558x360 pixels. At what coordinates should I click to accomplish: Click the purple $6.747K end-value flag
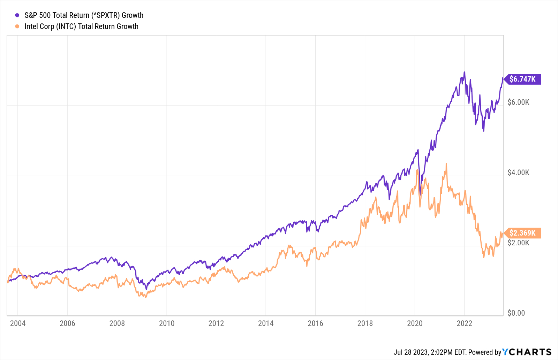pos(522,79)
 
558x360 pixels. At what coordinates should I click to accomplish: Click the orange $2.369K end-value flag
pos(522,233)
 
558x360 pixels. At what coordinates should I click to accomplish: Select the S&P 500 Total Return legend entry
pos(84,15)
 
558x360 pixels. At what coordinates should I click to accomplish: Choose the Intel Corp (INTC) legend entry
pos(81,26)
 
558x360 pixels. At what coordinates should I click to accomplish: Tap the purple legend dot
pos(17,15)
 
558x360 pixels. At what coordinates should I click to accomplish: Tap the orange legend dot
pos(17,26)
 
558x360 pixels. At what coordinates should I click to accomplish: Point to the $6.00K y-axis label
pos(518,102)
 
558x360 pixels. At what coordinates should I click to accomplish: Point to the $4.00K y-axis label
pos(518,173)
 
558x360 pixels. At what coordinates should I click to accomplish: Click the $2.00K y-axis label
pos(518,243)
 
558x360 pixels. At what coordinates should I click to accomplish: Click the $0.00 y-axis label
pos(516,313)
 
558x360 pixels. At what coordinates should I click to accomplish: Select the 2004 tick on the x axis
pos(18,323)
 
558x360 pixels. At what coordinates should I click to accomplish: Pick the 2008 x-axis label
pos(117,323)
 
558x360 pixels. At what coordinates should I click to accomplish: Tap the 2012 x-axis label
pos(216,323)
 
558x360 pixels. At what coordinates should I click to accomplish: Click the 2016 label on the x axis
pos(315,323)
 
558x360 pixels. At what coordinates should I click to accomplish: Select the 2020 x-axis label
pos(415,323)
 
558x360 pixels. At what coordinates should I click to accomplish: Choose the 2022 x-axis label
pos(464,323)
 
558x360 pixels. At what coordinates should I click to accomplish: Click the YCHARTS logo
pos(527,352)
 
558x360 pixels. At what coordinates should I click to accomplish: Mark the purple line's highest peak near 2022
pos(464,72)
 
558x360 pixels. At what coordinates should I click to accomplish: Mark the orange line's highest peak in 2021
pos(446,164)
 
